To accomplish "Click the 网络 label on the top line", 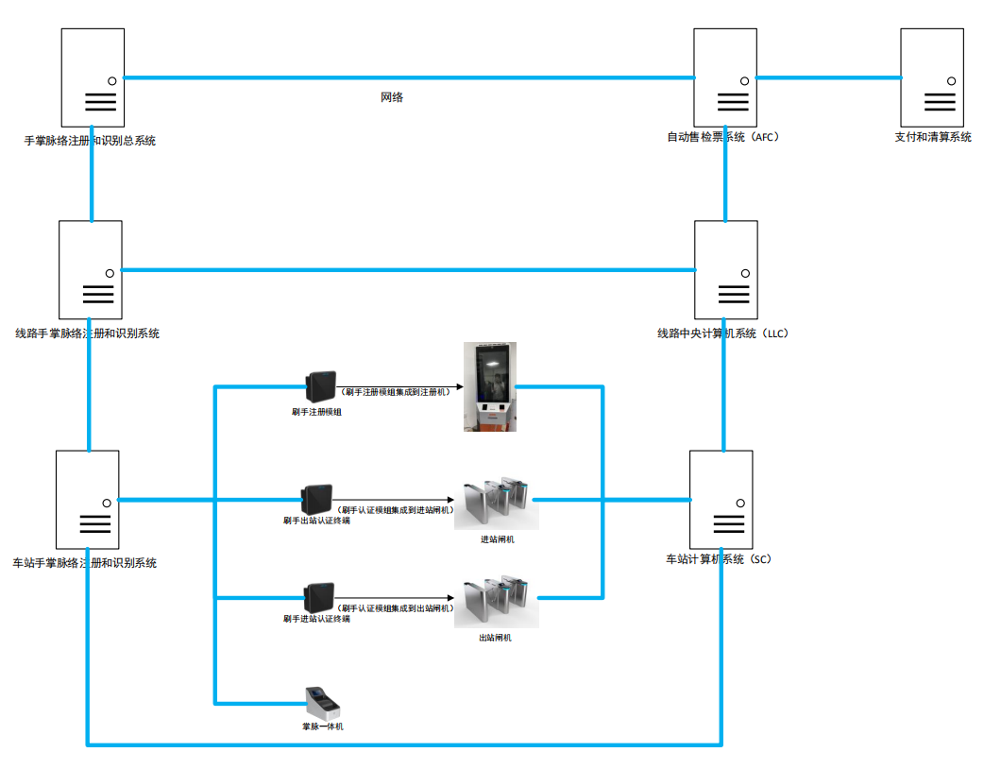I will [x=392, y=97].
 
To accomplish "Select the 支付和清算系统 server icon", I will [x=931, y=77].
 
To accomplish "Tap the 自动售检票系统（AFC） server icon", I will [x=724, y=77].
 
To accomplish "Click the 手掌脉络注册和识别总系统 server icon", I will [x=93, y=77].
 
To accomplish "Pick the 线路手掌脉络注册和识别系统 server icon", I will [x=90, y=269].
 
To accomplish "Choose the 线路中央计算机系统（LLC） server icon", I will [x=725, y=269].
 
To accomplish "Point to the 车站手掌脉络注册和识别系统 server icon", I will [x=87, y=499].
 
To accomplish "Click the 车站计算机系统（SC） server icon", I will [x=721, y=499].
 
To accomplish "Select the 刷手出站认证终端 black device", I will [x=316, y=499].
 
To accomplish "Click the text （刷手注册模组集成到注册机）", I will [x=396, y=391].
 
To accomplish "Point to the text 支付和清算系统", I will [x=932, y=138].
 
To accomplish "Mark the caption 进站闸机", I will [x=497, y=539].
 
